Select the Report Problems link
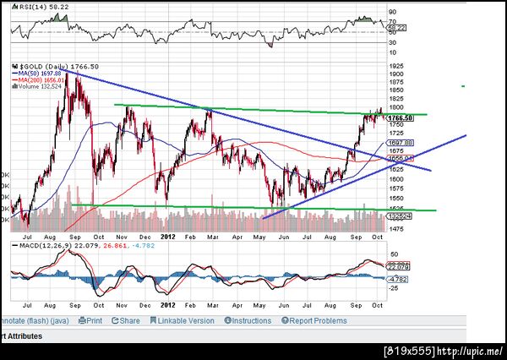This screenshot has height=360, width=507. click(317, 321)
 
